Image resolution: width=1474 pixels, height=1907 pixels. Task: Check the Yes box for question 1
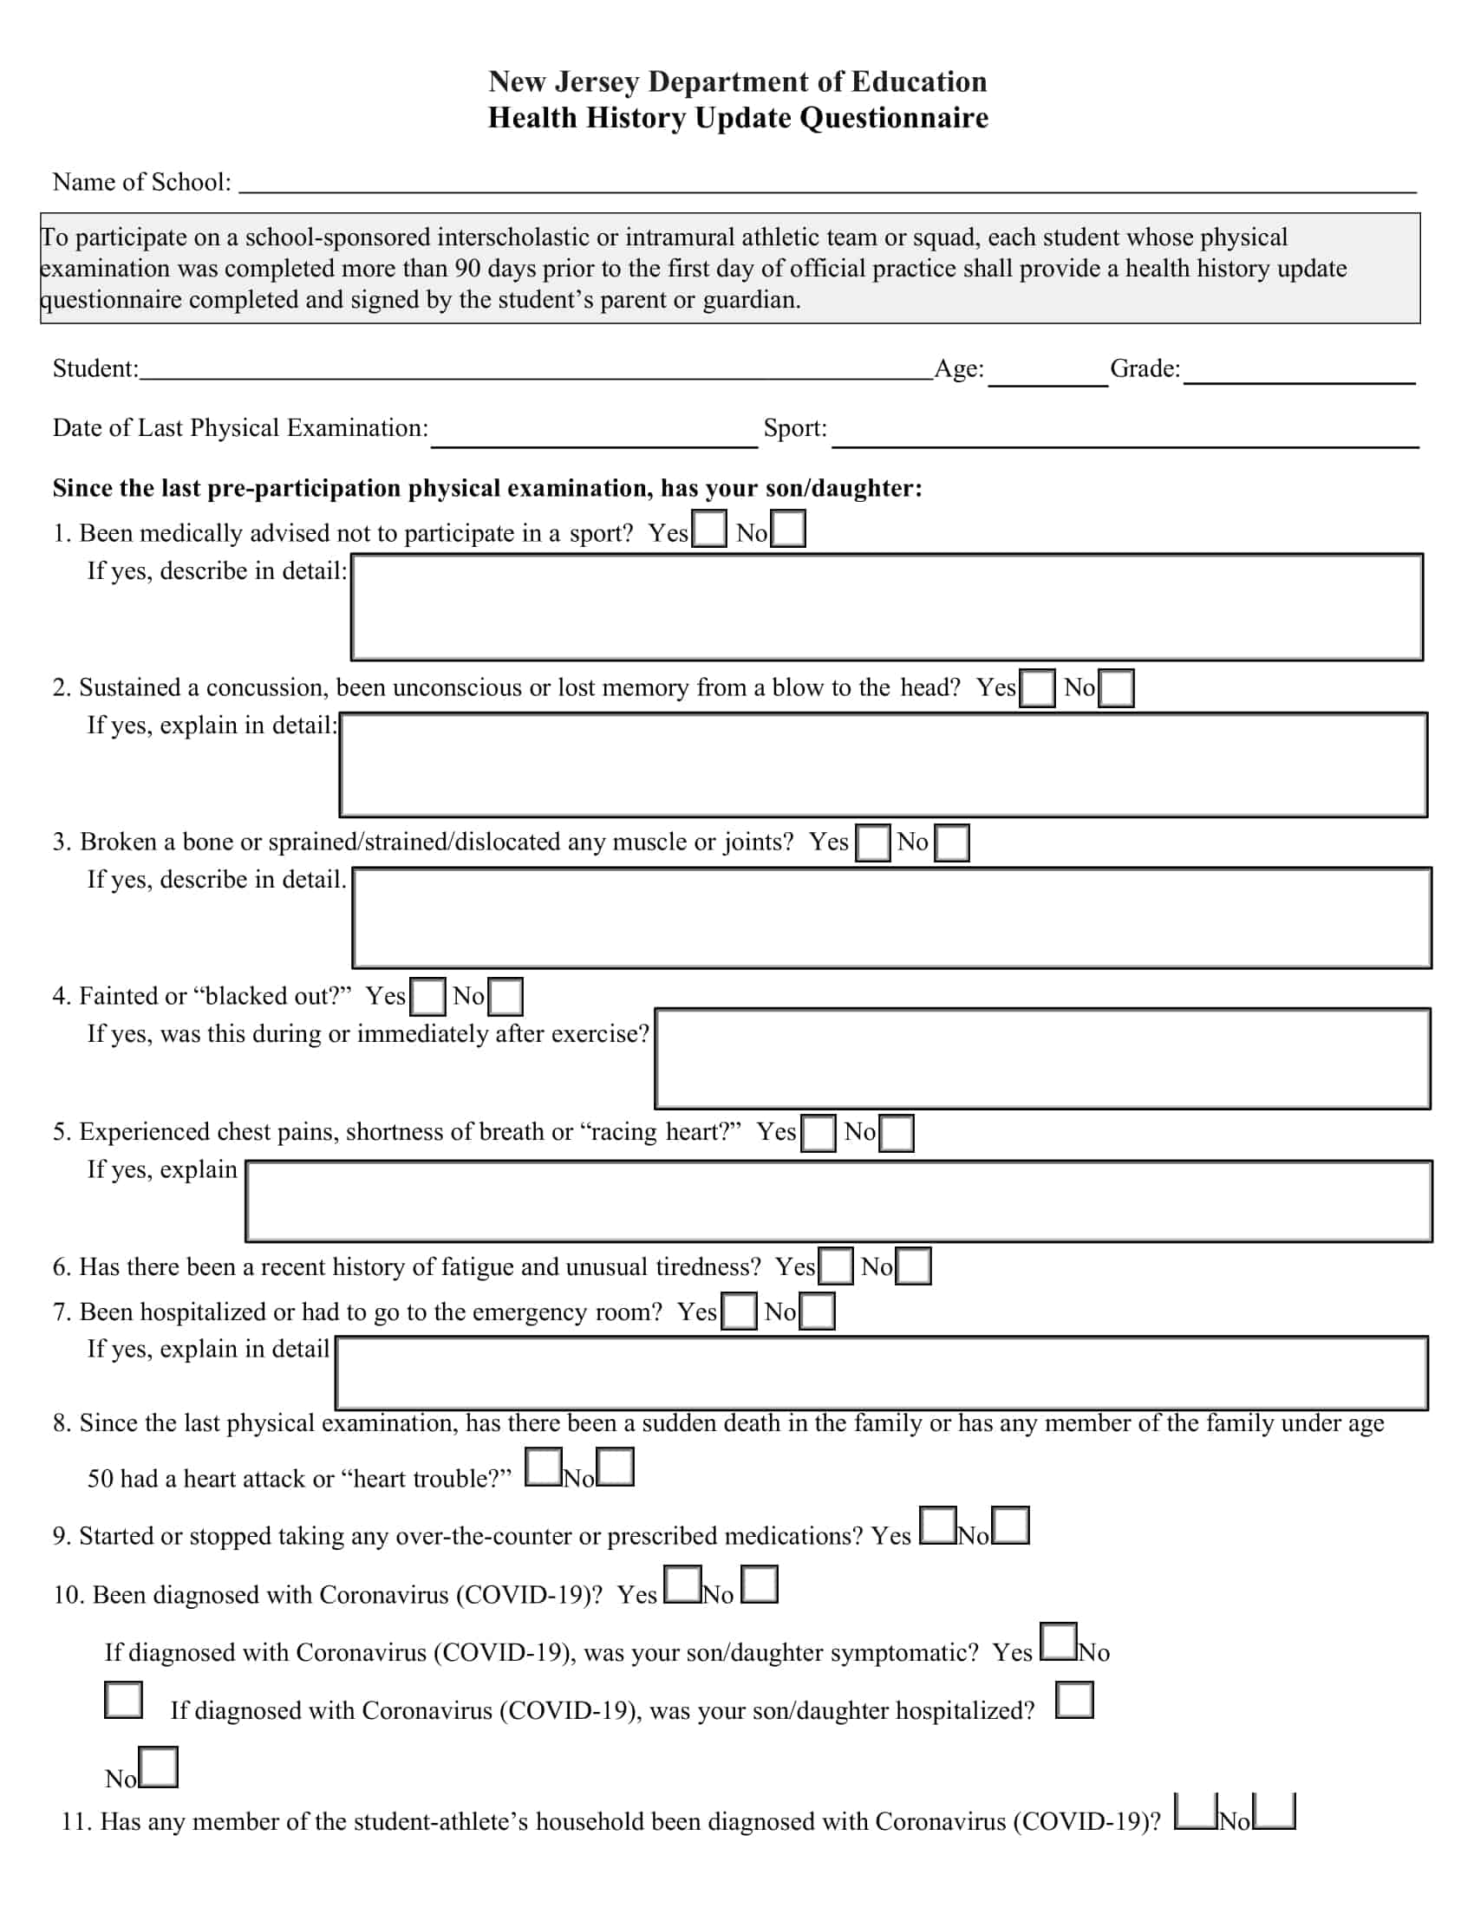tap(708, 529)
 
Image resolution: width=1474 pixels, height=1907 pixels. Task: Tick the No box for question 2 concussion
tap(1115, 688)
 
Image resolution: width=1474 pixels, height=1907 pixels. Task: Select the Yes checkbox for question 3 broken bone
tap(872, 843)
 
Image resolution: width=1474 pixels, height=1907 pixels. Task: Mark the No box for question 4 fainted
tap(505, 996)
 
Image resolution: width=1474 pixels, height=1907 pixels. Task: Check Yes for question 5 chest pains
tap(819, 1133)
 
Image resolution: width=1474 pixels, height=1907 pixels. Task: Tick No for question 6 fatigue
tap(912, 1266)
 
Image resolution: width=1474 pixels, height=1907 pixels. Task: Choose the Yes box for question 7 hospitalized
tap(739, 1311)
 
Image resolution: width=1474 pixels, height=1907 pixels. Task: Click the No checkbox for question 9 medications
tap(1010, 1526)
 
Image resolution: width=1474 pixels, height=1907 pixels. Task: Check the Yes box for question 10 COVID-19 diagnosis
tap(683, 1585)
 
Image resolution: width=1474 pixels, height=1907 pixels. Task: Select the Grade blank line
tap(1299, 372)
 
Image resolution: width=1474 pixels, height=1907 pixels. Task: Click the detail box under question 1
tap(886, 607)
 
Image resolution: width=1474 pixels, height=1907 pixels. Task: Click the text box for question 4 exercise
tap(1042, 1058)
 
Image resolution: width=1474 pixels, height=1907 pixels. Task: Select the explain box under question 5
tap(838, 1201)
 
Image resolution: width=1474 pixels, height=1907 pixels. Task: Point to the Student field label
tap(95, 368)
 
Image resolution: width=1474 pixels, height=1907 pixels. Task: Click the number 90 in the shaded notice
tap(466, 268)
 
